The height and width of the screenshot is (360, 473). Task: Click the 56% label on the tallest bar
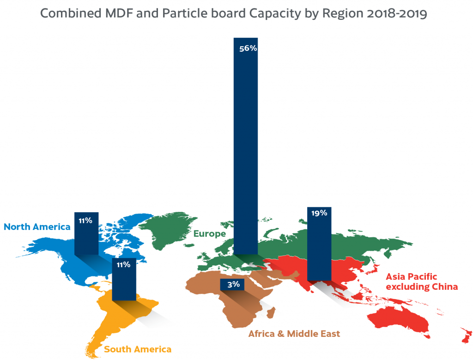coord(248,48)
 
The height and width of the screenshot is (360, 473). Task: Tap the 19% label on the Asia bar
coord(319,213)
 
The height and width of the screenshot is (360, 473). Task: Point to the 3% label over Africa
coord(233,284)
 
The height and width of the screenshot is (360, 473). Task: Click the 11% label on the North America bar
coord(85,221)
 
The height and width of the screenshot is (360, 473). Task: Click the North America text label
coord(37,227)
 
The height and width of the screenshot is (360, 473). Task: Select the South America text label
coord(138,349)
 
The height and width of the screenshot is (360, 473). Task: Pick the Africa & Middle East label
coord(294,333)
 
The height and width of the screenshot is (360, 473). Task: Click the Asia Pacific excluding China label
coord(422,282)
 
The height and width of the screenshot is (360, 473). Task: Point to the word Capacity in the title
coord(273,13)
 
